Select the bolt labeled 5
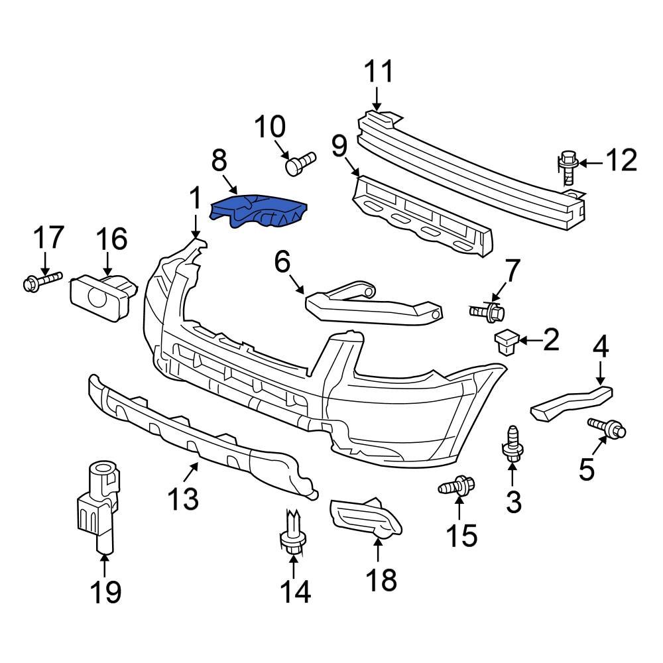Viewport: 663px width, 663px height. pos(606,428)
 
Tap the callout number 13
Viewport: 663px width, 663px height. pos(182,499)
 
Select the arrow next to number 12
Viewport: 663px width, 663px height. pos(593,162)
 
